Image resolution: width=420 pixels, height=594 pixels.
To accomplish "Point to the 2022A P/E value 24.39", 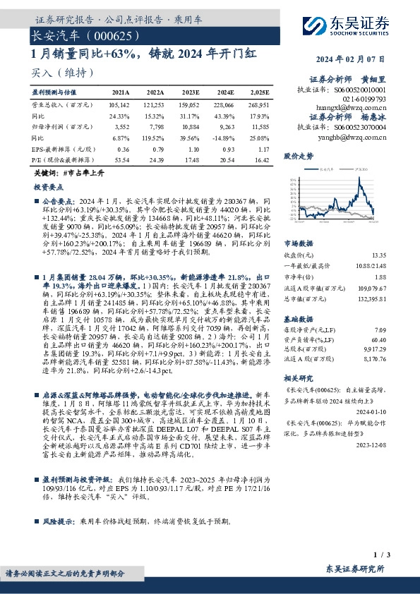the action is click(155, 161).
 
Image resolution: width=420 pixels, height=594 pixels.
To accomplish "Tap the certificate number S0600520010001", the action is click(359, 89).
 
